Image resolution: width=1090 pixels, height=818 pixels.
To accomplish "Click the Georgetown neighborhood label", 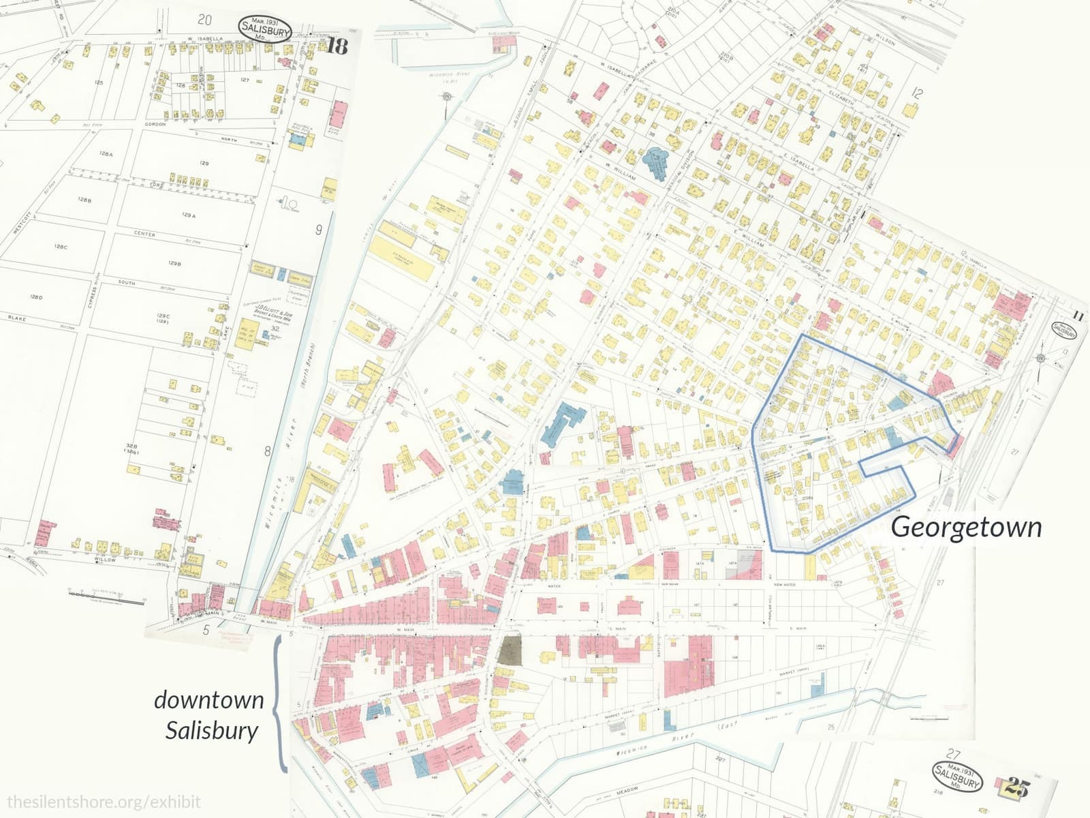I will (x=966, y=527).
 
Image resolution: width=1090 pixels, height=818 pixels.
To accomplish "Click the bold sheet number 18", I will (x=337, y=46).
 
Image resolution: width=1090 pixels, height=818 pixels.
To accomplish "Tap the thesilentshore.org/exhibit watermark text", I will (x=104, y=802).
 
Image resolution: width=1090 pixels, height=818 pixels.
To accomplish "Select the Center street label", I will (x=144, y=234).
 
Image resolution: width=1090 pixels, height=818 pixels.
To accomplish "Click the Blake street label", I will (x=17, y=318).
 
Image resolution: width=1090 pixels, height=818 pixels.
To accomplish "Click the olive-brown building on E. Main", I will (x=510, y=651).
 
